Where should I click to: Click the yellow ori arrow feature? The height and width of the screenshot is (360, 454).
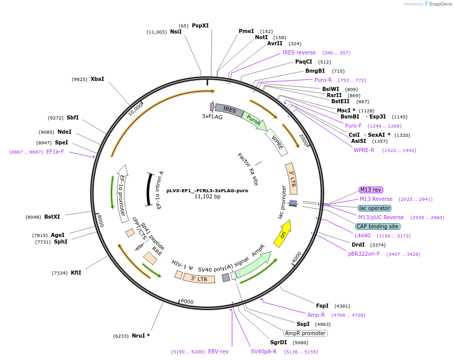click(282, 233)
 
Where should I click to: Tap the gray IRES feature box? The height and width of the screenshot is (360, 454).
click(229, 109)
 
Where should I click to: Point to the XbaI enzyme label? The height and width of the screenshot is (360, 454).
click(97, 79)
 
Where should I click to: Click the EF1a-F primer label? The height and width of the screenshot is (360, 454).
click(55, 152)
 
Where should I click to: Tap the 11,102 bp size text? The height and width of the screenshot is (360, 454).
click(207, 197)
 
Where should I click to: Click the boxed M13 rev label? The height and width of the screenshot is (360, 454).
click(371, 190)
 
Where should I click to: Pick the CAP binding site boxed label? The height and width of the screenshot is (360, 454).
click(378, 226)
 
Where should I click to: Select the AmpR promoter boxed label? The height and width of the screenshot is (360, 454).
click(305, 333)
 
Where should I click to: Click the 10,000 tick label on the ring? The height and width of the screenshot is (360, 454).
click(135, 108)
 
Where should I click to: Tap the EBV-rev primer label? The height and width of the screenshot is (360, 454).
click(218, 351)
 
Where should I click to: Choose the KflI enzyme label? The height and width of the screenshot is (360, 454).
click(76, 273)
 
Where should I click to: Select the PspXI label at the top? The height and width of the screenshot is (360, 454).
click(200, 25)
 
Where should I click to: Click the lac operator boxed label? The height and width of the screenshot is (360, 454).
click(375, 208)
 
